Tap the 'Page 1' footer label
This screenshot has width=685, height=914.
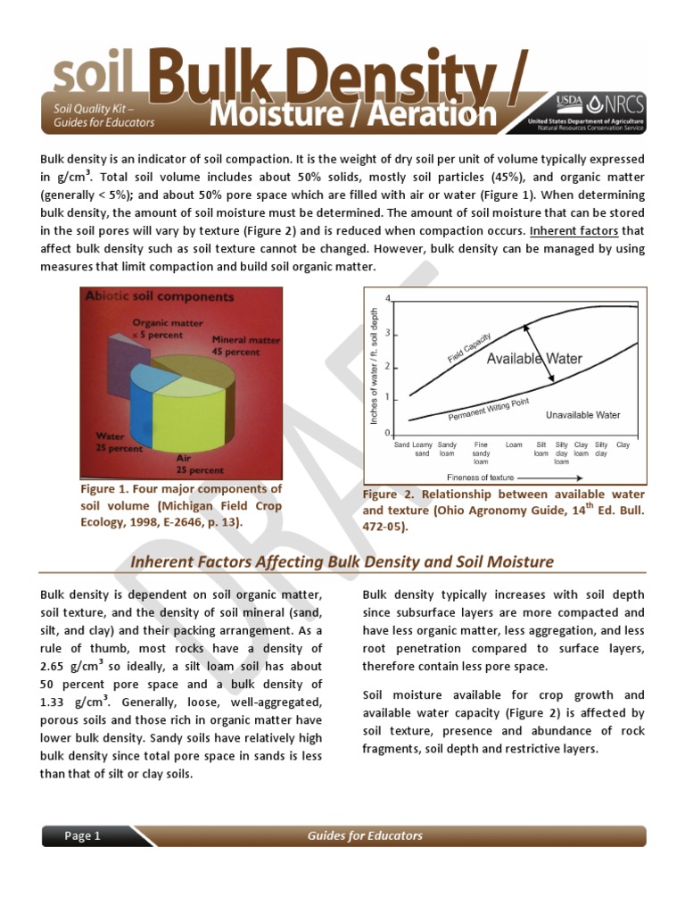(x=82, y=836)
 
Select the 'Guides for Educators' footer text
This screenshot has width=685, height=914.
(x=365, y=836)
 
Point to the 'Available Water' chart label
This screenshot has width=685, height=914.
(x=534, y=359)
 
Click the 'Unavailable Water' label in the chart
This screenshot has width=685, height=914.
(x=582, y=415)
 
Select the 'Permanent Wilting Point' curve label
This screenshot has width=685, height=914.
(x=488, y=410)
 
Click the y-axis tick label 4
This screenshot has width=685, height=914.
(x=387, y=297)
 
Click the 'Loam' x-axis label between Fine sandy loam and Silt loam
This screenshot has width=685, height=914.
(x=514, y=445)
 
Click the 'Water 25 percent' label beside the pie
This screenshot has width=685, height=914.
(x=118, y=443)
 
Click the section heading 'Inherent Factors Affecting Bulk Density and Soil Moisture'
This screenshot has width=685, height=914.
(x=342, y=561)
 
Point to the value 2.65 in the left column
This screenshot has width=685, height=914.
(x=58, y=666)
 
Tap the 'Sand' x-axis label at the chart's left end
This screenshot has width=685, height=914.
(x=401, y=445)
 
